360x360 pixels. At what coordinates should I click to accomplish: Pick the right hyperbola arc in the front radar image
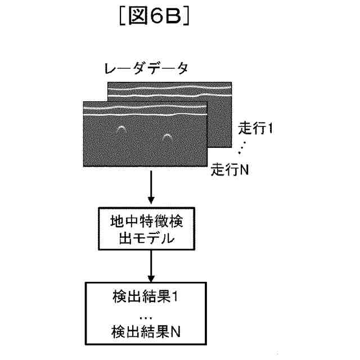167,136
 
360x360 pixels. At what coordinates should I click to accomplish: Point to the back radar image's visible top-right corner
231,83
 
